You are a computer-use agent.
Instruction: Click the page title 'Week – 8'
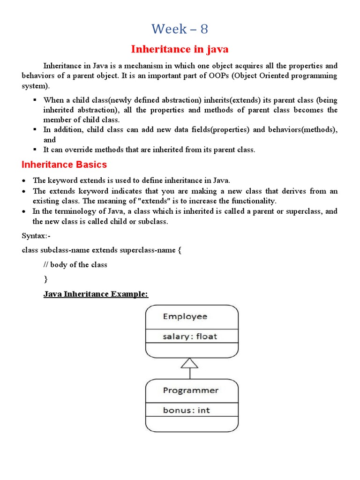[x=180, y=29]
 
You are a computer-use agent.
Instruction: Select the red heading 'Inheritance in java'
[x=180, y=49]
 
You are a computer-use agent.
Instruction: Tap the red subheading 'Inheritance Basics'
[x=64, y=165]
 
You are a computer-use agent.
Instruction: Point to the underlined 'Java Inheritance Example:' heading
[x=96, y=294]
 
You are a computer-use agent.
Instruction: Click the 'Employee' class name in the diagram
[x=185, y=316]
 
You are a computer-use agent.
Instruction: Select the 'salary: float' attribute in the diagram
[x=190, y=336]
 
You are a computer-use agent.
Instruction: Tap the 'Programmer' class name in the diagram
[x=190, y=390]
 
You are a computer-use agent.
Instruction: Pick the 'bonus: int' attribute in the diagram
[x=186, y=410]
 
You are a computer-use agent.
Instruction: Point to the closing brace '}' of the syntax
[x=45, y=279]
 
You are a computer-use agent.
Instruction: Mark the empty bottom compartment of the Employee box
[x=192, y=350]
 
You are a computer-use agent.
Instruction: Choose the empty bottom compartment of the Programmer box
[x=192, y=424]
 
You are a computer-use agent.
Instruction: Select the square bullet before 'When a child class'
[x=35, y=100]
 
